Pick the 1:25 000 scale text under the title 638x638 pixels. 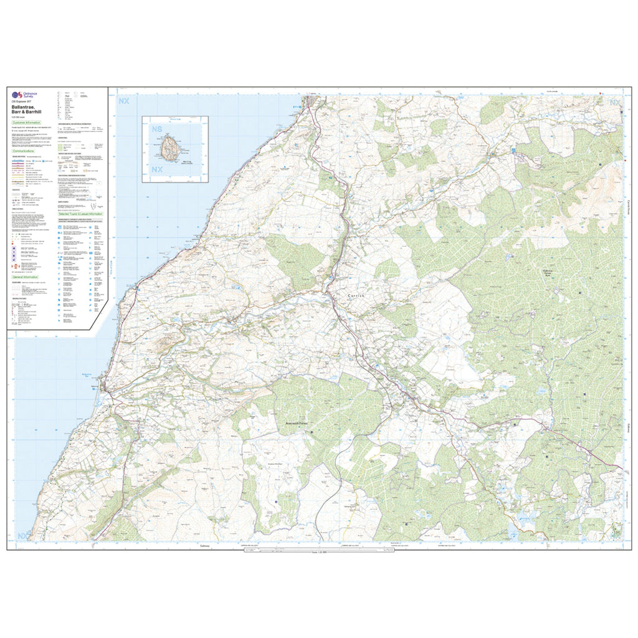coord(17,118)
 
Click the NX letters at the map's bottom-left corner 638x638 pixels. coord(23,536)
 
